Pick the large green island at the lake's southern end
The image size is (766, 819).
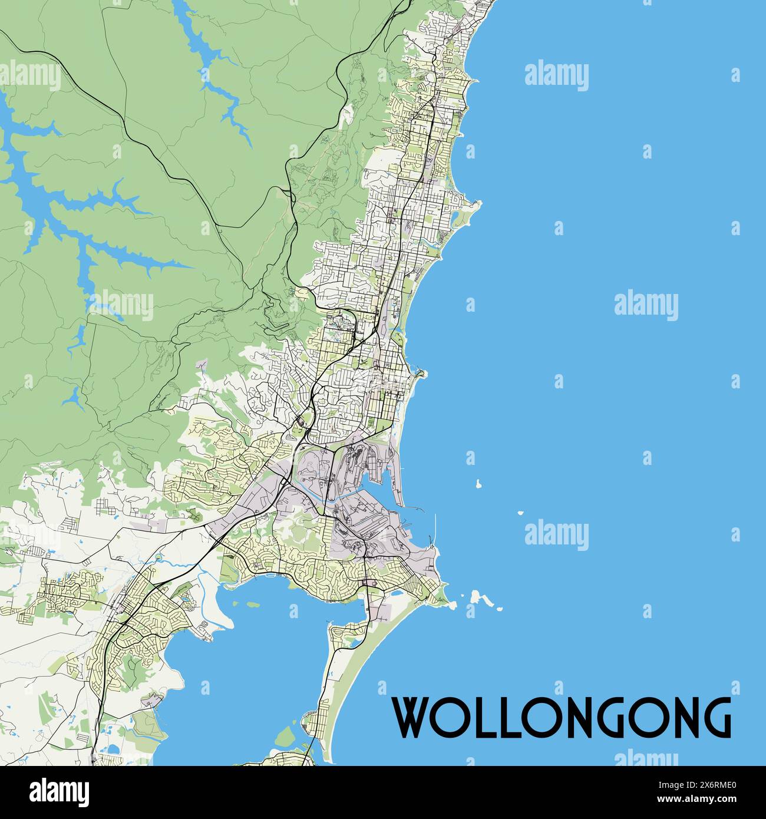(289, 735)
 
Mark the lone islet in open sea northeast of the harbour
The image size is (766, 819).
(478, 484)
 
